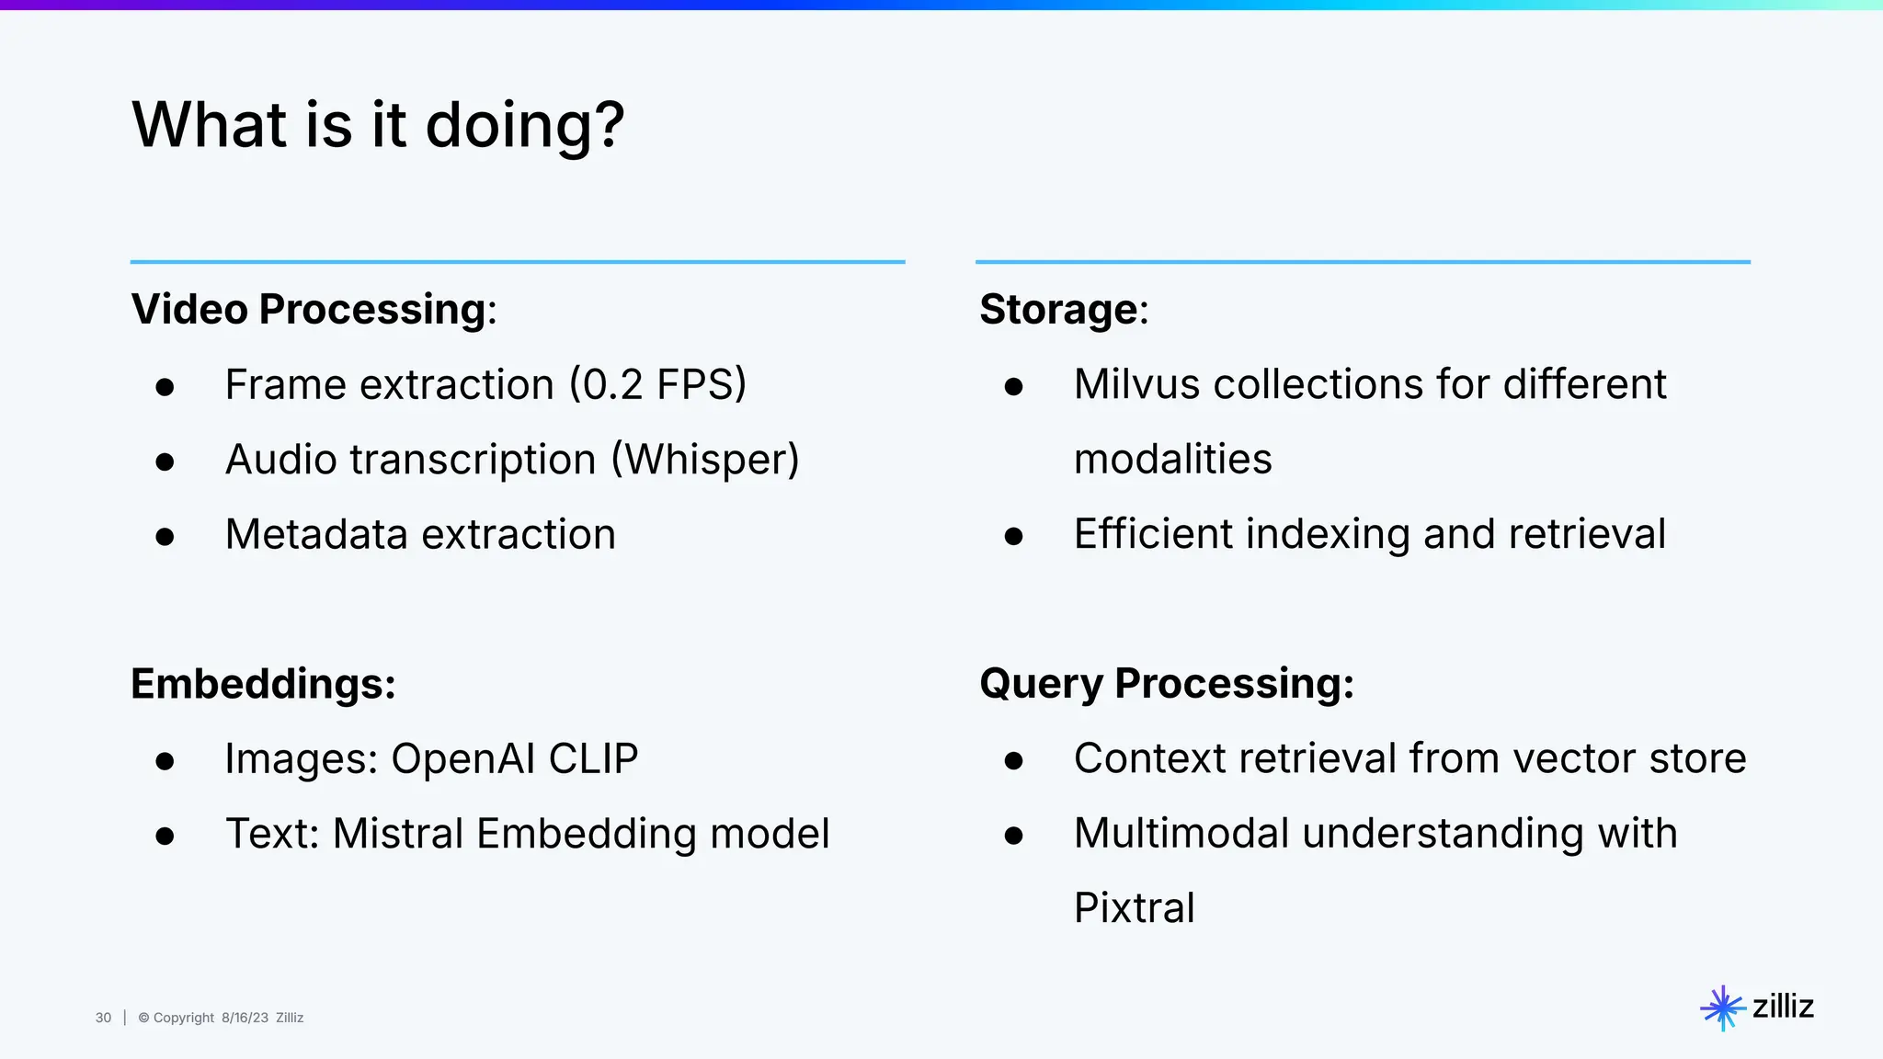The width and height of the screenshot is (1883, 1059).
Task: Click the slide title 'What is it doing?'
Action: pos(378,125)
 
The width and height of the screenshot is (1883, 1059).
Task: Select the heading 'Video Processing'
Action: pos(308,309)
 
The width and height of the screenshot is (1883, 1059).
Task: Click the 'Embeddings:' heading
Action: pos(263,684)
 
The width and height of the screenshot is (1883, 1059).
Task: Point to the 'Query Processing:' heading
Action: pos(1166,684)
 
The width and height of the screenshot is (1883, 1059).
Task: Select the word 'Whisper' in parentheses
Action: pos(705,460)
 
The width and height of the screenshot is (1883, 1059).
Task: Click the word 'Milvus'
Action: pos(1136,384)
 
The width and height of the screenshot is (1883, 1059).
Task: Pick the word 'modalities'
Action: pos(1172,460)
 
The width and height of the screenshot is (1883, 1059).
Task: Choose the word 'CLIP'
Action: pos(593,759)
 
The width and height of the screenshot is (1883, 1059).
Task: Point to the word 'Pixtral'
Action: pos(1134,909)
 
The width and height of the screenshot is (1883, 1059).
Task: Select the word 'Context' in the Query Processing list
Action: pos(1149,759)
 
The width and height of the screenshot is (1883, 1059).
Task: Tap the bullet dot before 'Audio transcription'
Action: pos(165,461)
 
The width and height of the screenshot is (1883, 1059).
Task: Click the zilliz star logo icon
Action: pos(1722,1008)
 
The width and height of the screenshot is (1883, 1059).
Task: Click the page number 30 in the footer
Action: pos(103,1018)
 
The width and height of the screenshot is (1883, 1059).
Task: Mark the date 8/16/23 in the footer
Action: pos(245,1018)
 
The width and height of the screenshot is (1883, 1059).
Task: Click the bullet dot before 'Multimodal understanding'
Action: pos(1013,836)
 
